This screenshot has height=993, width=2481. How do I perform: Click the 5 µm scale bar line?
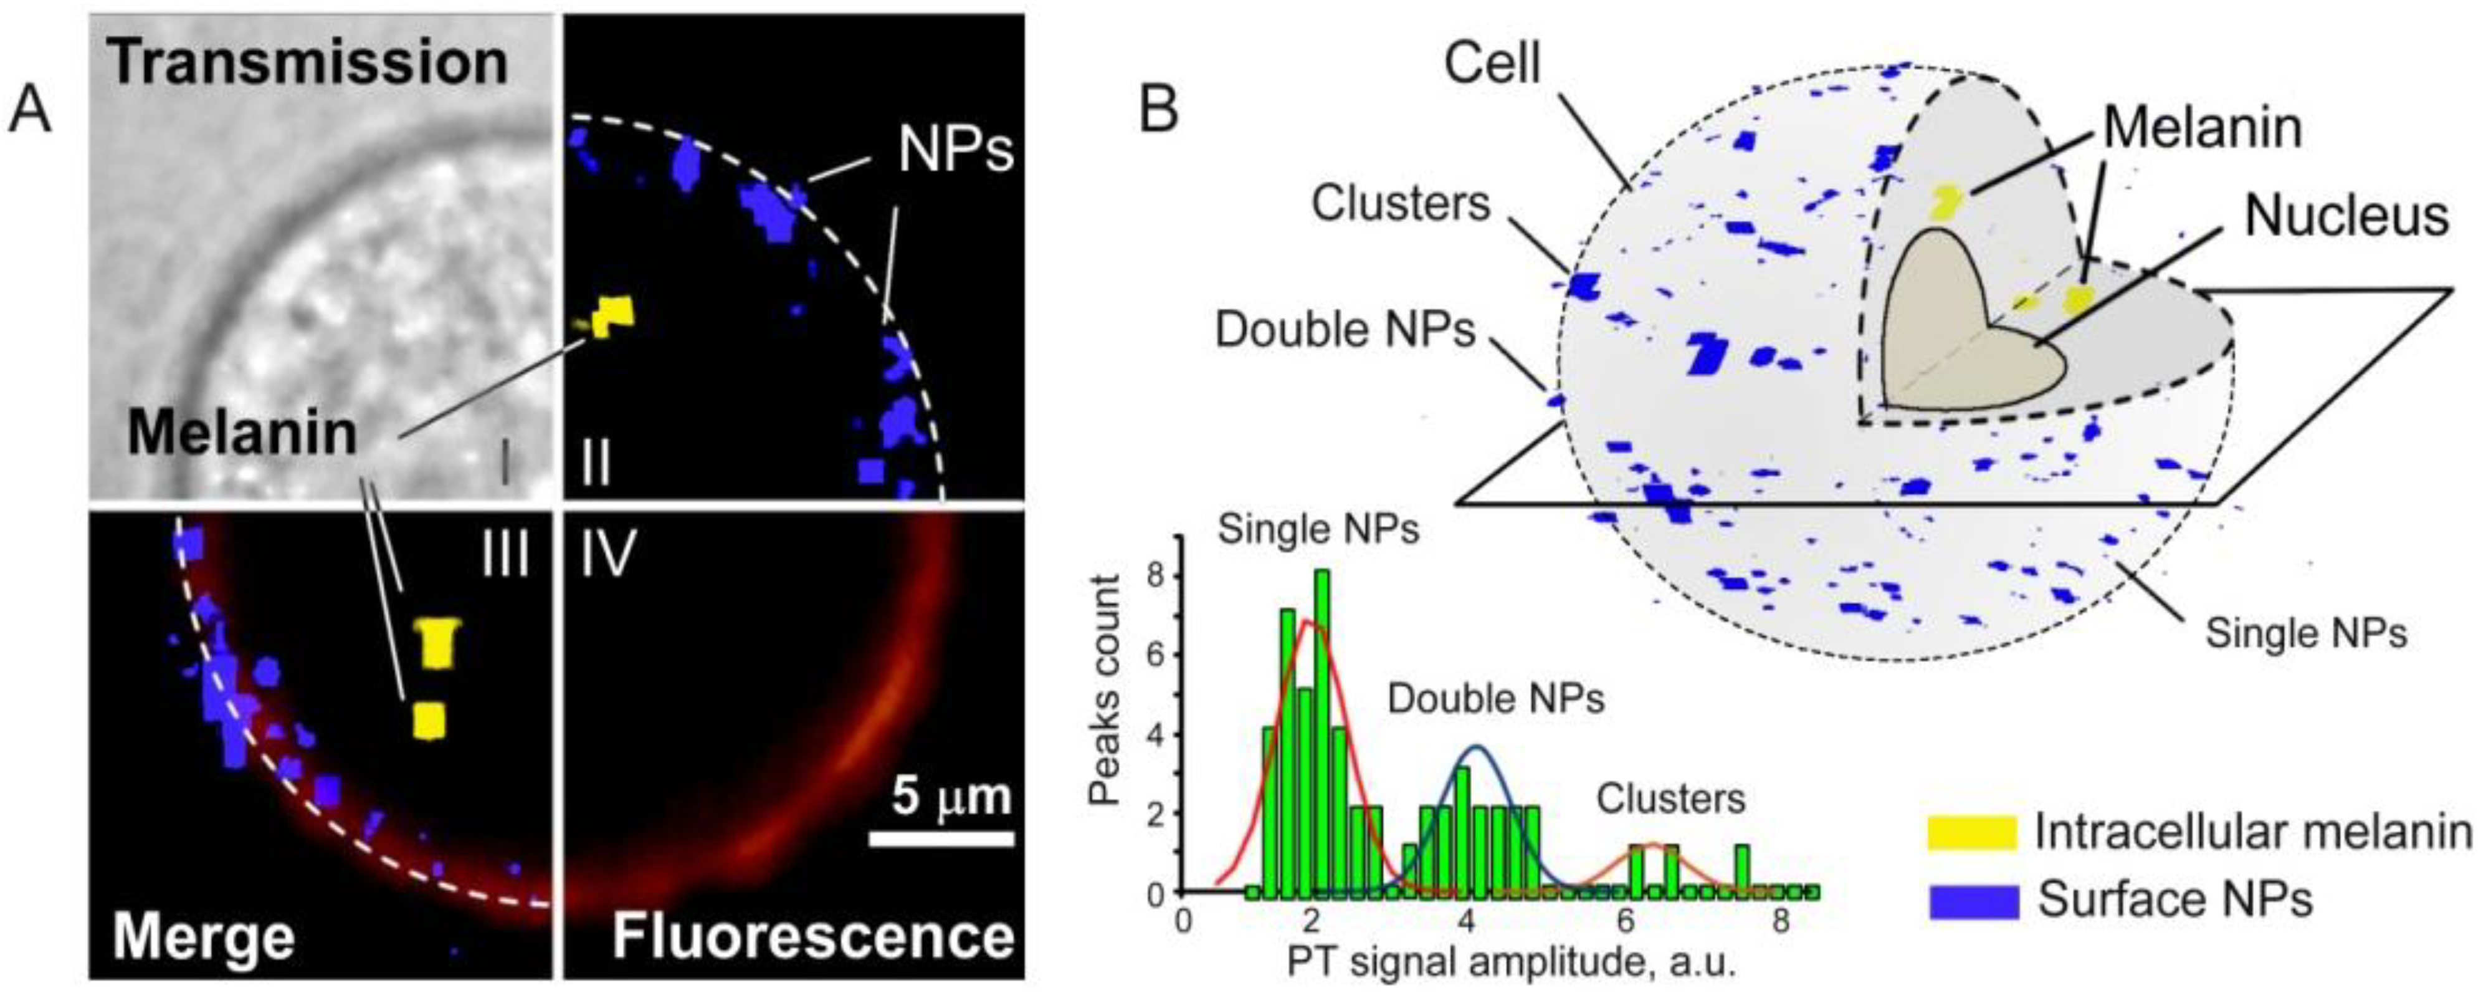coord(941,839)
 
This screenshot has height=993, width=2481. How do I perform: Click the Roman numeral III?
coord(505,556)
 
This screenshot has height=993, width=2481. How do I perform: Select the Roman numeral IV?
coord(607,556)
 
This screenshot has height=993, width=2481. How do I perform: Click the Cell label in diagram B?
coord(1493,65)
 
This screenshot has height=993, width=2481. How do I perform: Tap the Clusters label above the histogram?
coord(1671,799)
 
